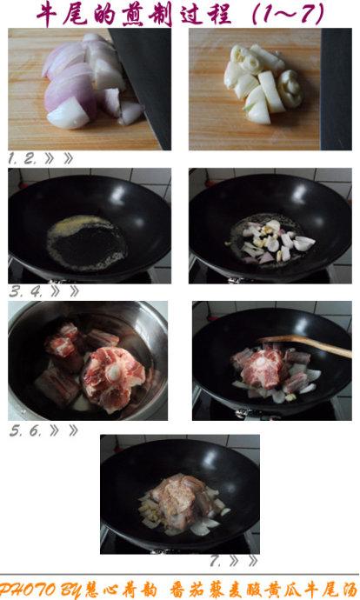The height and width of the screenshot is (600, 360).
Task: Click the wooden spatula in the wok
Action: coord(306,343)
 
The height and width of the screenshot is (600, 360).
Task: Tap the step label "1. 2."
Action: coord(23,158)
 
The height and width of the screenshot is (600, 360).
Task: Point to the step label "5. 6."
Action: coord(25,430)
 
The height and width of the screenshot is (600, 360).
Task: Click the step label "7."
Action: coord(216,562)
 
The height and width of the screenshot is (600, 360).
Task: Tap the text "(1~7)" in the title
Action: coord(288,14)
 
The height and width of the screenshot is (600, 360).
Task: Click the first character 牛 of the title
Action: coord(47,15)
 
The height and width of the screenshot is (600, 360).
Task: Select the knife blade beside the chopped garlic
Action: coord(336,89)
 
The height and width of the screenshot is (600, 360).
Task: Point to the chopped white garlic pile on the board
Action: coord(263,83)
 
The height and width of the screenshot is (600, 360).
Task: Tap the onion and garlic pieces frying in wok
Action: coord(272,241)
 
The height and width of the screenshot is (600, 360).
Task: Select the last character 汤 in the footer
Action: coord(349,590)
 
